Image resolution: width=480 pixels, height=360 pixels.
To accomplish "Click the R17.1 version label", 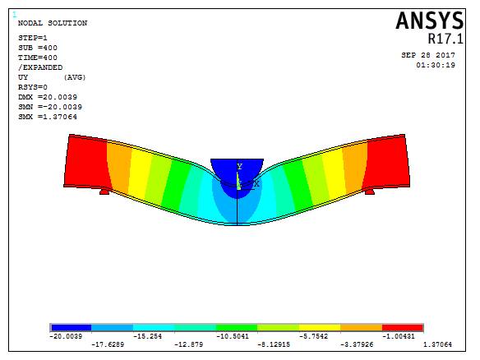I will (444, 39).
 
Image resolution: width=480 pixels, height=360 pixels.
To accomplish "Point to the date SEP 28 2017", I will (427, 55).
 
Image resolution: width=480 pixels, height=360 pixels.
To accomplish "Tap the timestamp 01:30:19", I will (436, 64).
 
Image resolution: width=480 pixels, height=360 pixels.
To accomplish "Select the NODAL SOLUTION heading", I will (52, 23).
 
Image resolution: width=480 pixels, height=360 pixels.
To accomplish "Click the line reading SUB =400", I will (37, 48).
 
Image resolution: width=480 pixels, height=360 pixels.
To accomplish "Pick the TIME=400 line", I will (37, 58).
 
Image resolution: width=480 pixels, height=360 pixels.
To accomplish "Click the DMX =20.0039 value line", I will (48, 97).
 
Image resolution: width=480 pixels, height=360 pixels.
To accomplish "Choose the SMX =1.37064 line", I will (48, 117).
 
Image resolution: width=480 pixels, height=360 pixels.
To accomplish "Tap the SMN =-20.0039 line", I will (49, 107).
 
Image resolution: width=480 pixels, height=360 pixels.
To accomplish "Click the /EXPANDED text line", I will (40, 67).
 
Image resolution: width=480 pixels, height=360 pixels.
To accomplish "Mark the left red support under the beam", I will (104, 191).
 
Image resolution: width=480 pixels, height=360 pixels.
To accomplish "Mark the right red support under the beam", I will (369, 191).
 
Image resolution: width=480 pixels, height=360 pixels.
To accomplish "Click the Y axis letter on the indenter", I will (239, 166).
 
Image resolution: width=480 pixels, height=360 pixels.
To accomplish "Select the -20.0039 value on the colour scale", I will (67, 335).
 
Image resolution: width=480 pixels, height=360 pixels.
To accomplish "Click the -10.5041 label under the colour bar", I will (232, 335).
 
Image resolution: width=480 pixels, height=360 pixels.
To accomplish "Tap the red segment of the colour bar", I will (403, 327).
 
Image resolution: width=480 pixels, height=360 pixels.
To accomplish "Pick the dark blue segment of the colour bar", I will (71, 327).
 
